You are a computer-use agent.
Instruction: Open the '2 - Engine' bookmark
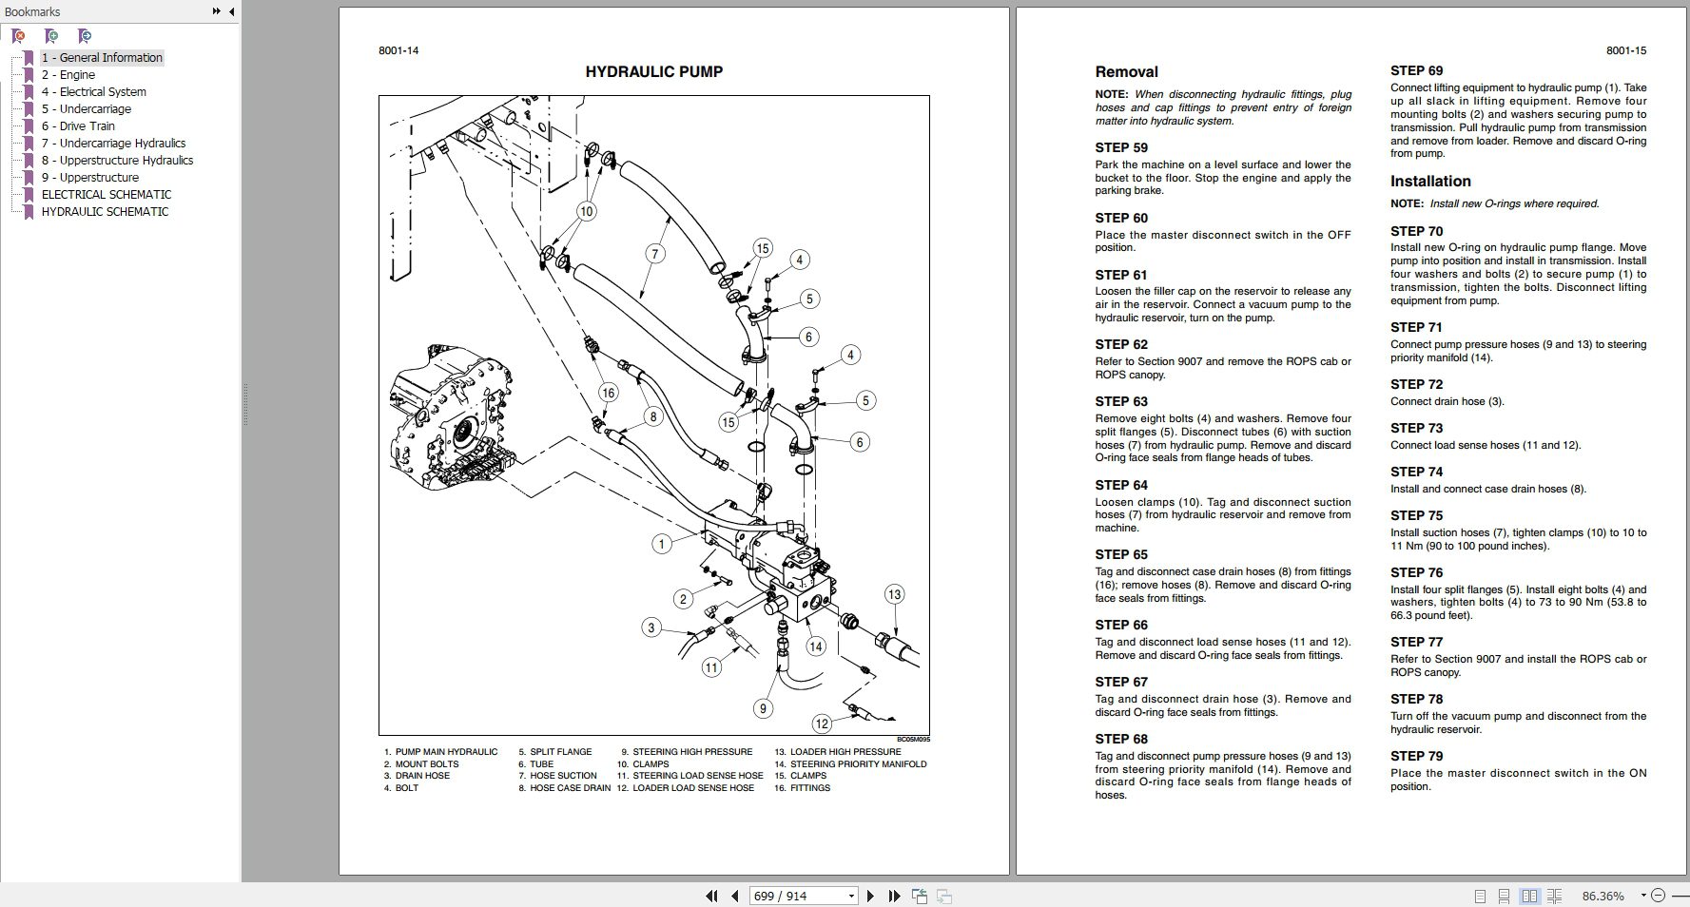pyautogui.click(x=68, y=75)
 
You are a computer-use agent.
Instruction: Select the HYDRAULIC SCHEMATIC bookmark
pyautogui.click(x=105, y=212)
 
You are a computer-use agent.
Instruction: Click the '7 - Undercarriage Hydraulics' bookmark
pyautogui.click(x=113, y=144)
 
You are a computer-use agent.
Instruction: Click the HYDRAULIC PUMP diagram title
pyautogui.click(x=653, y=72)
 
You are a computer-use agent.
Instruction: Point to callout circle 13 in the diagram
pyautogui.click(x=893, y=595)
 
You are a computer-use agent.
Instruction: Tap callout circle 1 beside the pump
pyautogui.click(x=662, y=544)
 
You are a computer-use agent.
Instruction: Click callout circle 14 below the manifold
pyautogui.click(x=815, y=646)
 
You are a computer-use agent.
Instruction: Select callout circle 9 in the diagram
pyautogui.click(x=763, y=708)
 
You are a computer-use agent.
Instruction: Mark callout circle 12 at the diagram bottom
pyautogui.click(x=822, y=724)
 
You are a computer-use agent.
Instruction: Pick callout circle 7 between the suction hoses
pyautogui.click(x=654, y=254)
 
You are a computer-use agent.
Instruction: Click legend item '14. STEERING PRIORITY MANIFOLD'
pyautogui.click(x=850, y=764)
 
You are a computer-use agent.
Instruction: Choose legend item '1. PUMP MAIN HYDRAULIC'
pyautogui.click(x=440, y=752)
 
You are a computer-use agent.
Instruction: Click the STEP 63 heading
pyautogui.click(x=1121, y=402)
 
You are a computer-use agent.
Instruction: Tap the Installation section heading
pyautogui.click(x=1429, y=182)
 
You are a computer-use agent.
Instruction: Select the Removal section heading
pyautogui.click(x=1126, y=72)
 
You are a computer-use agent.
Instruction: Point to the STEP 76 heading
pyautogui.click(x=1416, y=573)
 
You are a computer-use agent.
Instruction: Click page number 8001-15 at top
pyautogui.click(x=1625, y=51)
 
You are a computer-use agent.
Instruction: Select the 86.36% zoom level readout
pyautogui.click(x=1603, y=897)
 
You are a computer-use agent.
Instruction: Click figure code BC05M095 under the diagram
pyautogui.click(x=913, y=740)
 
